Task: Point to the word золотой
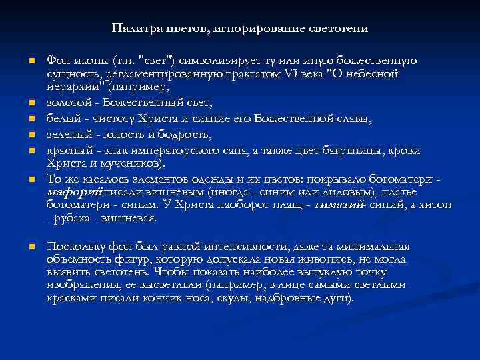click(x=67, y=103)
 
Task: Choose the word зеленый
click(x=67, y=135)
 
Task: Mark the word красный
click(x=68, y=151)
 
